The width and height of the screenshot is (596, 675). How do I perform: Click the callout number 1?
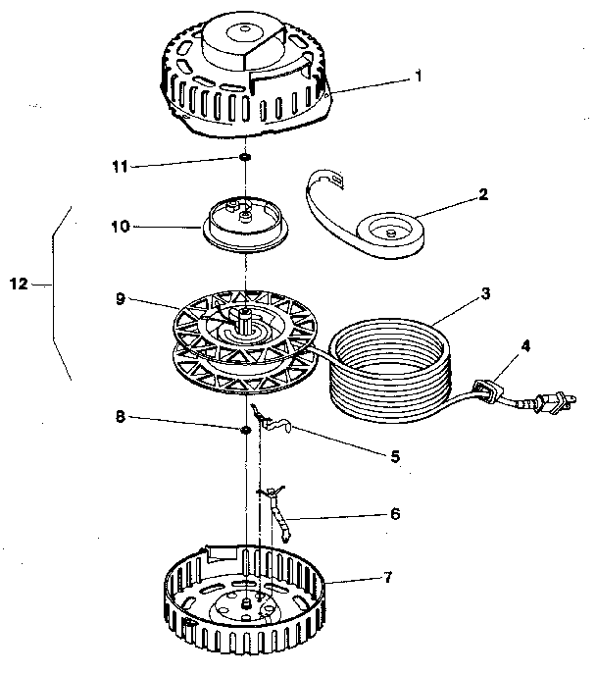click(x=419, y=76)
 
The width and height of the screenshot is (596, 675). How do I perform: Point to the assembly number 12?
click(x=17, y=286)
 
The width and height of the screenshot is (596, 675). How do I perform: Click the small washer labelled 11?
click(x=244, y=159)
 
